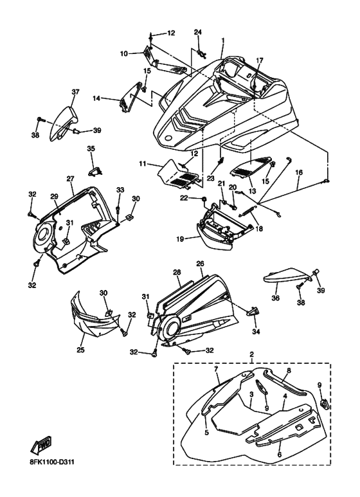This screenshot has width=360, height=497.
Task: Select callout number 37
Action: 75,92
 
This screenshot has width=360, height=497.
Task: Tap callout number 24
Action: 198,32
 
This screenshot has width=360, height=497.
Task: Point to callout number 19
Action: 180,239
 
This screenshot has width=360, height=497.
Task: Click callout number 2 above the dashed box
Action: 252,354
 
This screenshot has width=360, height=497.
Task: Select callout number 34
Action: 256,332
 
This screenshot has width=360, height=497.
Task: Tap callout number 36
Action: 275,298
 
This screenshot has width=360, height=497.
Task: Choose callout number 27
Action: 69,179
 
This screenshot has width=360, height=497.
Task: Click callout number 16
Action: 299,172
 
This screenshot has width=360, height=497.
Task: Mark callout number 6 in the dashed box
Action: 280,455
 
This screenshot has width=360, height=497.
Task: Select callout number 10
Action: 124,54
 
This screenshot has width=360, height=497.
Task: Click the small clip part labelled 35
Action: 95,172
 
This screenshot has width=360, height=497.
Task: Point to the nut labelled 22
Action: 204,199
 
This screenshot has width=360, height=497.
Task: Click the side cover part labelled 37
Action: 64,123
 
